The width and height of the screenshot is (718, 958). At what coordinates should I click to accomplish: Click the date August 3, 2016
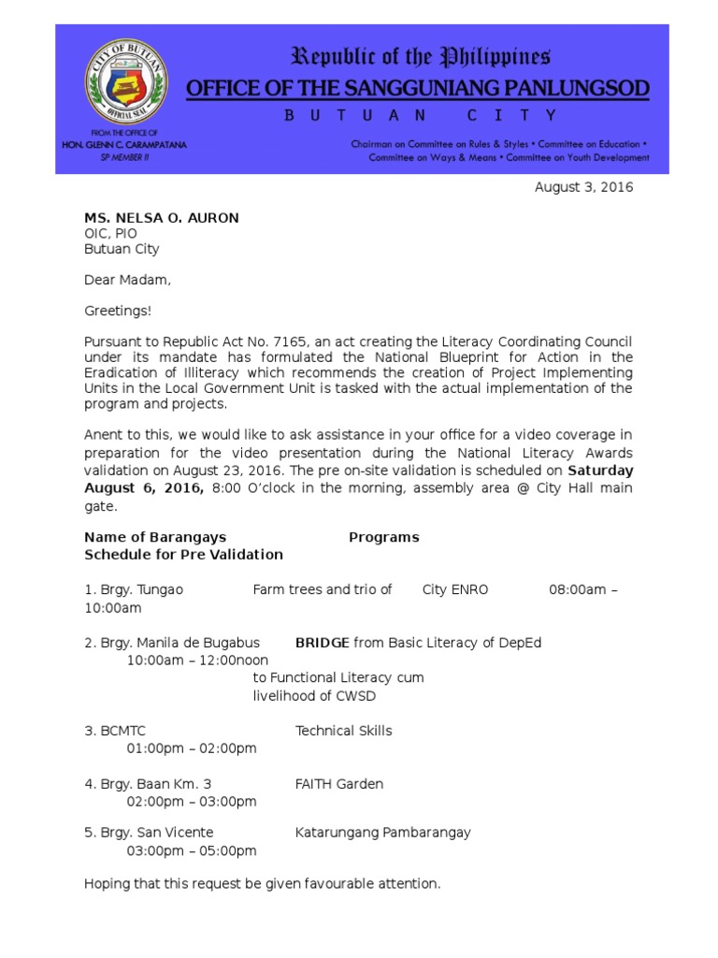[583, 187]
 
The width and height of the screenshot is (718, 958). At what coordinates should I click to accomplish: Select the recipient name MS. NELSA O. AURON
[162, 218]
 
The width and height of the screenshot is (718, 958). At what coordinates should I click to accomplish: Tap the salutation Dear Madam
[127, 280]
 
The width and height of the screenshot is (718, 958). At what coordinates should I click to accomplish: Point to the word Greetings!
[117, 311]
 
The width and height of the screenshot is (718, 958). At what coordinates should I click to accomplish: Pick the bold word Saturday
[600, 470]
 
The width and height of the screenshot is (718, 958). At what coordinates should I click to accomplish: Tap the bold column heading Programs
[383, 537]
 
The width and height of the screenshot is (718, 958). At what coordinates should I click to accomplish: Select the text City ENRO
[455, 589]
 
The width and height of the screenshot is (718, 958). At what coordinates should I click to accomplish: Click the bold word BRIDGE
[323, 643]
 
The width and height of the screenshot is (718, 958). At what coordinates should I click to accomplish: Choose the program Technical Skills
[343, 731]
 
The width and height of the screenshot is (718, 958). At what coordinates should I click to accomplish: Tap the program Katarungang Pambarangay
[382, 833]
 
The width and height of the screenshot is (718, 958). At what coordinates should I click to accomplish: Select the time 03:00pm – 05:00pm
[192, 850]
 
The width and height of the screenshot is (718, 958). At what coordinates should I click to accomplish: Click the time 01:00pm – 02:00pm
[192, 748]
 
